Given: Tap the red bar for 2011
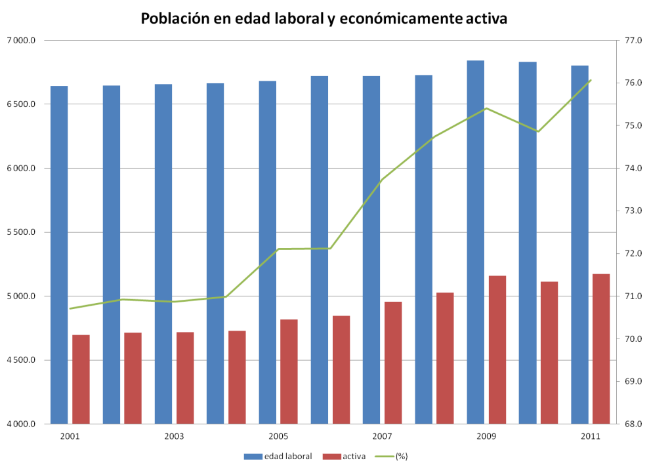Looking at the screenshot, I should click(x=601, y=348).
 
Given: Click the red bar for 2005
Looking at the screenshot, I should click(x=289, y=371).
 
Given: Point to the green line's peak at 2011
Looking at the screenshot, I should click(x=591, y=80).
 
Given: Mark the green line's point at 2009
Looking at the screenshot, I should click(x=486, y=108).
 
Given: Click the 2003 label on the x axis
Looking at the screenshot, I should click(x=174, y=436).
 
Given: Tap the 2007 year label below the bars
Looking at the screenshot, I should click(x=382, y=436).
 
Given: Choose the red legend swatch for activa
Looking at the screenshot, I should click(x=331, y=456).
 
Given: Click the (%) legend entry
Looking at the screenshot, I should click(x=401, y=456).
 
